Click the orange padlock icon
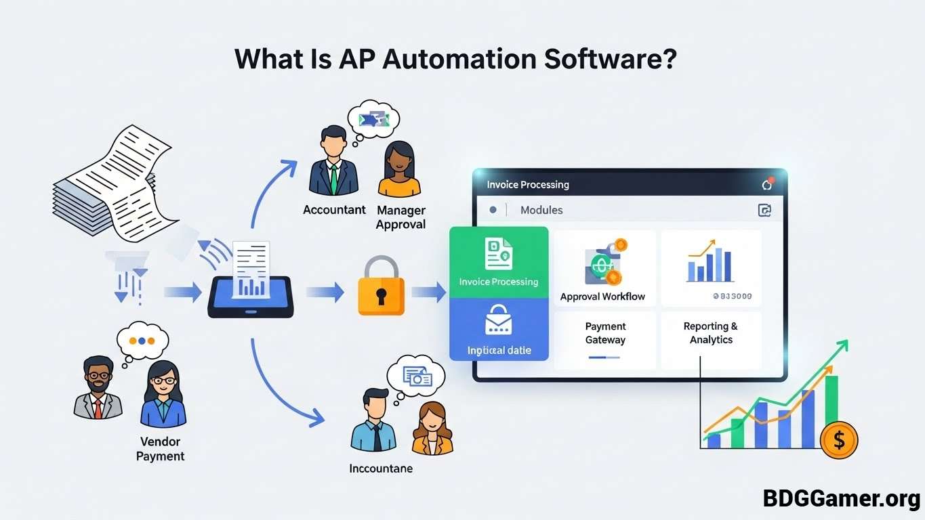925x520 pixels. (x=381, y=287)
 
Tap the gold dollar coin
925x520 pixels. (x=839, y=440)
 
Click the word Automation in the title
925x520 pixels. (x=459, y=59)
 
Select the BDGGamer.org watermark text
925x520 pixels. (x=841, y=499)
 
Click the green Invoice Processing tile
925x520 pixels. (x=499, y=262)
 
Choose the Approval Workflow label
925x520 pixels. (x=602, y=297)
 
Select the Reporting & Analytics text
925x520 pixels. (x=711, y=333)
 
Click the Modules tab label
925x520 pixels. (x=541, y=210)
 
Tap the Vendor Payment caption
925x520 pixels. (x=160, y=449)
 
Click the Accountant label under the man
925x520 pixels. (x=334, y=210)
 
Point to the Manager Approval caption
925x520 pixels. (x=400, y=217)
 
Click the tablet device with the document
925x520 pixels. (x=251, y=288)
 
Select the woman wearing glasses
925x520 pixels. (x=163, y=393)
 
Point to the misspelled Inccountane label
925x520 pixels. (x=381, y=468)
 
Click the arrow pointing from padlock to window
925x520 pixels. (x=428, y=292)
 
